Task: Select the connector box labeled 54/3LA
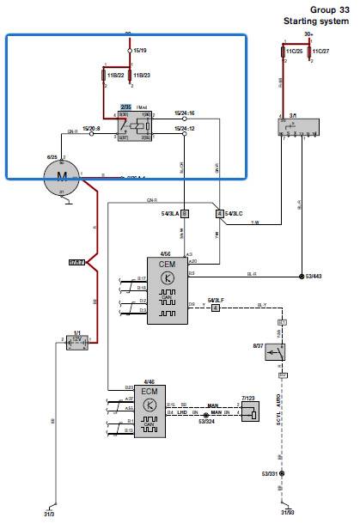click(184, 212)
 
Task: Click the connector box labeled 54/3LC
click(219, 212)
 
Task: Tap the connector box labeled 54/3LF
click(216, 306)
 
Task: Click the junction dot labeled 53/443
click(301, 277)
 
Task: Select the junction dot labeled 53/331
click(282, 473)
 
